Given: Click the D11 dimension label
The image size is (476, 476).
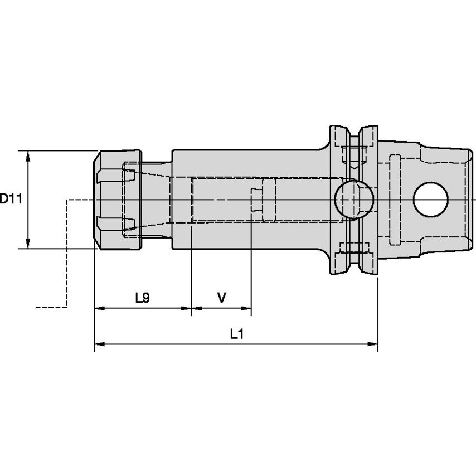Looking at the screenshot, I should [x=10, y=198].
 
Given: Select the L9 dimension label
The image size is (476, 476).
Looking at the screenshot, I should [x=142, y=298].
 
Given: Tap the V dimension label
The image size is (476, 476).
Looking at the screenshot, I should [x=221, y=298].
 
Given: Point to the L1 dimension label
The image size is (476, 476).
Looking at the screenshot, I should [x=237, y=334].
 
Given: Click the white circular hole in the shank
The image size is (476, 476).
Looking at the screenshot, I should [x=431, y=200].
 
